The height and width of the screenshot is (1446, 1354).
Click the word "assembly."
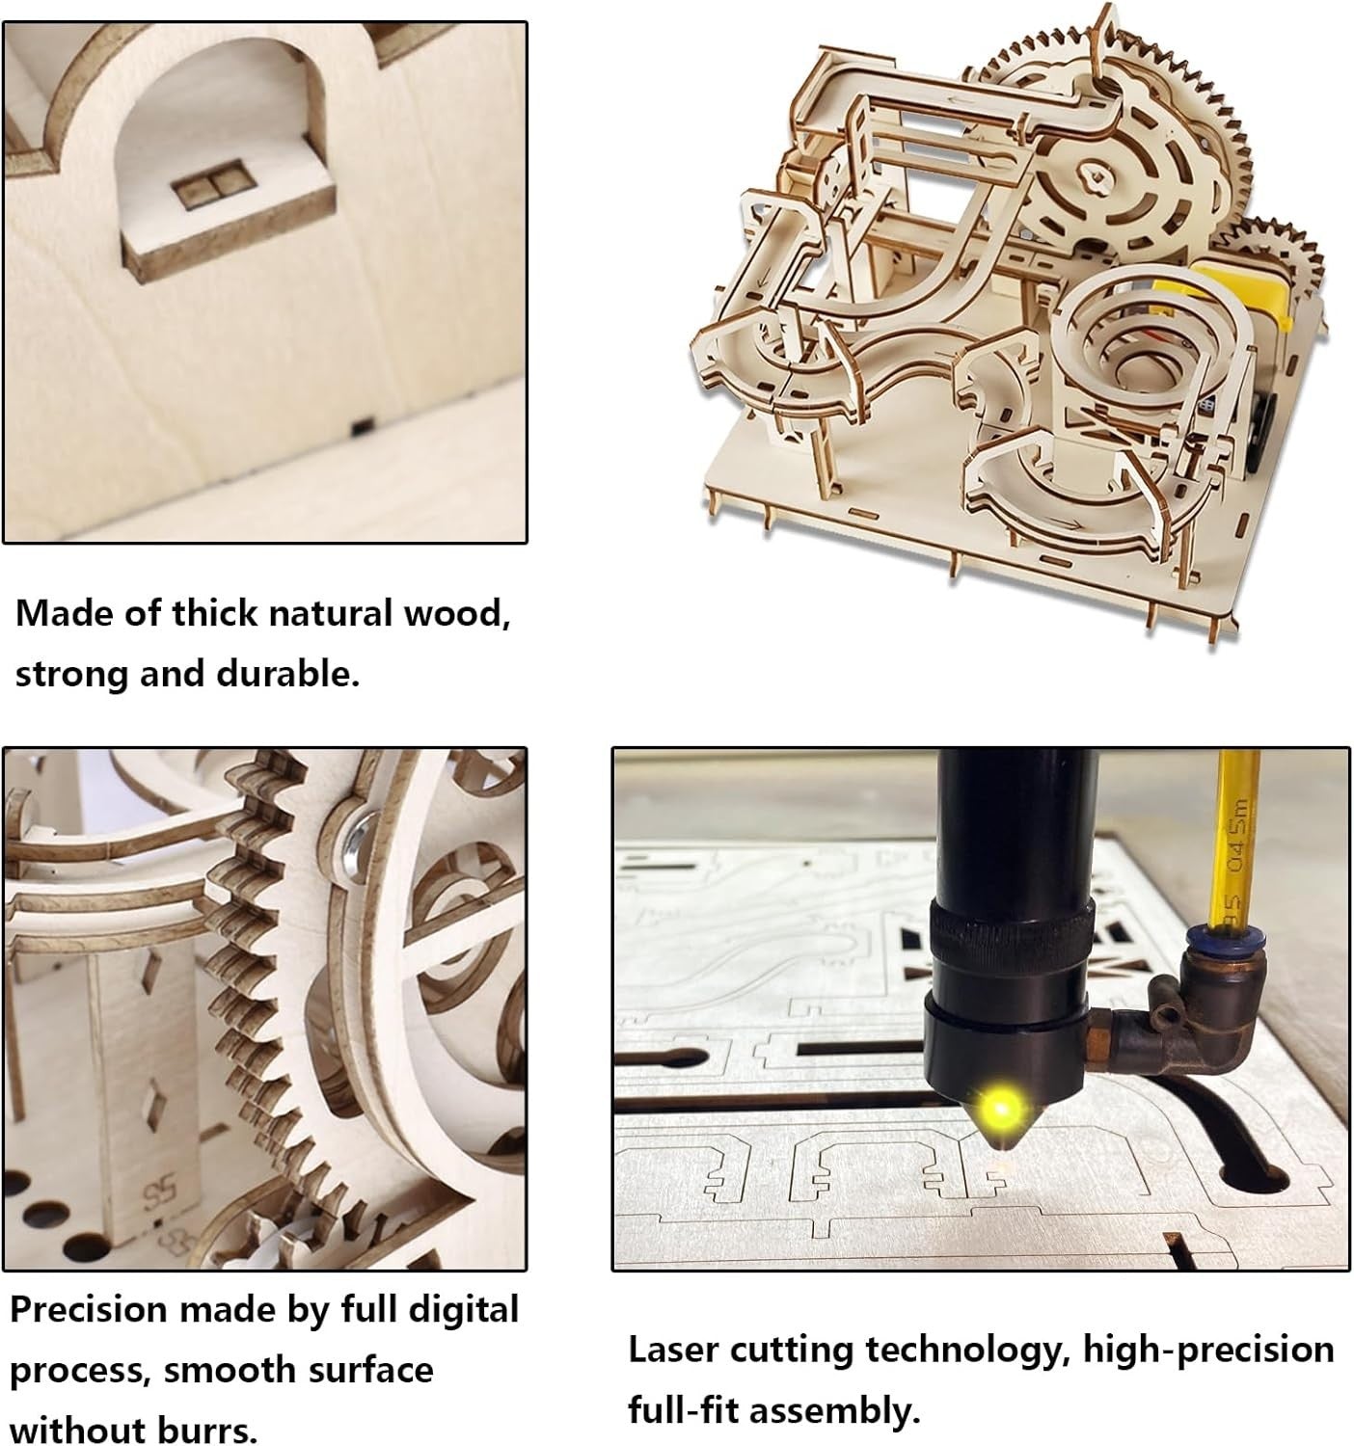tap(835, 1412)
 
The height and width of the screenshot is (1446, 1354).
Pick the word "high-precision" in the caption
tap(1208, 1351)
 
